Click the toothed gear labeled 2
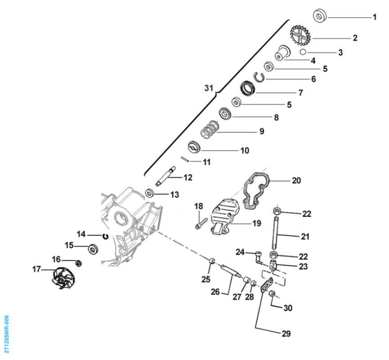coord(300,36)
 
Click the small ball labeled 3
coord(304,52)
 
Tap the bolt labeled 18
coord(201,222)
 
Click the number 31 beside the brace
coord(208,89)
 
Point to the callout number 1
coord(374,18)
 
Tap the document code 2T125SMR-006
coord(6,333)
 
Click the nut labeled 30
coord(273,294)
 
